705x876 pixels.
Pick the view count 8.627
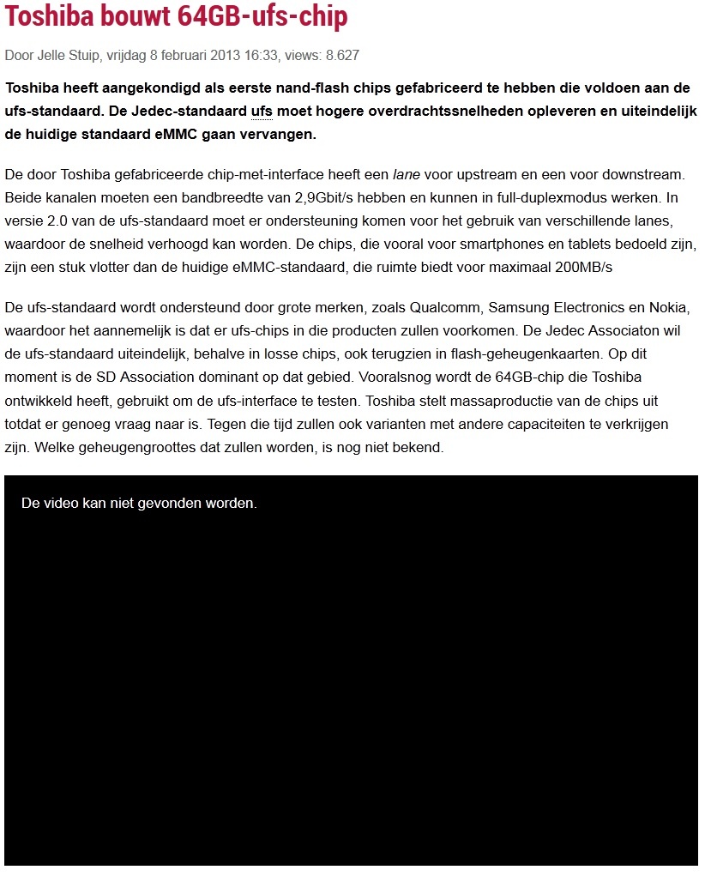point(342,56)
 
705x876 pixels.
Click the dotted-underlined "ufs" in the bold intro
point(262,112)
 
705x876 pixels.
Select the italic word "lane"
point(406,175)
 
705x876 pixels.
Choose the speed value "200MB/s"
point(584,267)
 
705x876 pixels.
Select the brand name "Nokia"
point(672,307)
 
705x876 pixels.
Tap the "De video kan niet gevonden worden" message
point(139,504)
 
